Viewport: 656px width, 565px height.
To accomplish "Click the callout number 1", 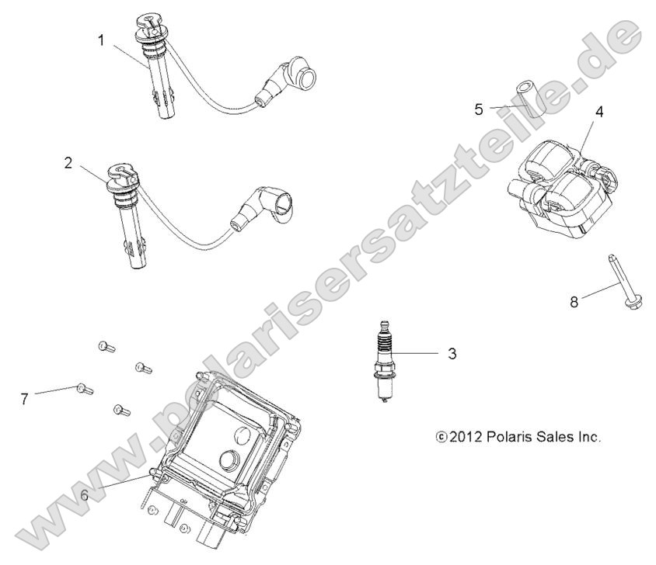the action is coord(101,40).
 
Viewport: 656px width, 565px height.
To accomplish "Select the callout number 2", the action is coord(68,163).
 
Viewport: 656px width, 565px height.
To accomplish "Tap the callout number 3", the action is coord(452,354).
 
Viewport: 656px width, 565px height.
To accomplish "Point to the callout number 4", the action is coord(599,112).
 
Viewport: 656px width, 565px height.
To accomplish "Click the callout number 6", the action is coord(85,495).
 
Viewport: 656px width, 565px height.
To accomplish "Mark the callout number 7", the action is coord(25,399).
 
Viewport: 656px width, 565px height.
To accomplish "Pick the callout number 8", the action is coord(574,301).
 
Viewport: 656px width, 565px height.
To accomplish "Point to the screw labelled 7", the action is coord(85,390).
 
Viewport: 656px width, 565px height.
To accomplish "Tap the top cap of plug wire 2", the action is coord(123,177).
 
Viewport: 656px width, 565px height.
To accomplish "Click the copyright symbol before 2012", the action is coord(441,438).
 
